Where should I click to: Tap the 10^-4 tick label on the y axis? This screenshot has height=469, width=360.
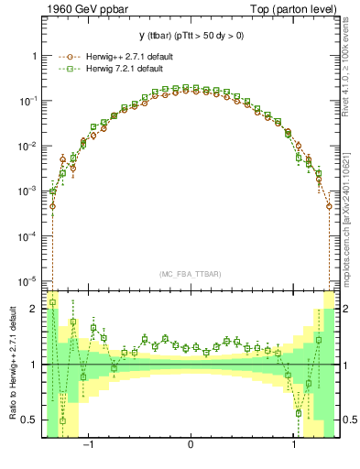pyautogui.click(x=30, y=235)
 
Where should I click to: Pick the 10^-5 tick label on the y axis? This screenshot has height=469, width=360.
pyautogui.click(x=30, y=280)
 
